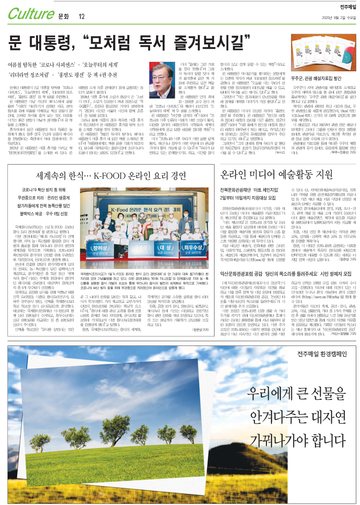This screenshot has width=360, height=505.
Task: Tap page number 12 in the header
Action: pos(82,17)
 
